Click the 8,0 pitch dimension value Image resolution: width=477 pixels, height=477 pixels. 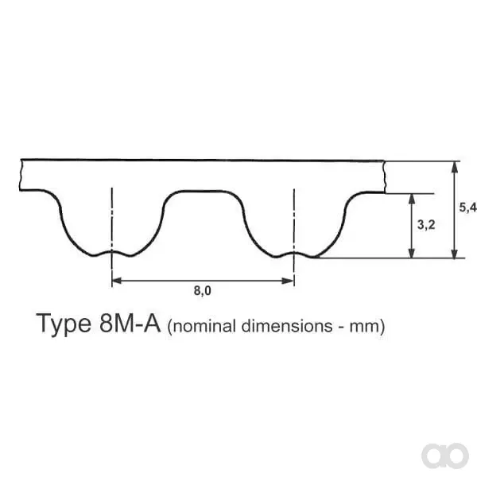point(202,291)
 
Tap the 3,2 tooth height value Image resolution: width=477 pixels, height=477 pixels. point(426,225)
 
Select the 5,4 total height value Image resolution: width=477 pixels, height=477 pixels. point(468,207)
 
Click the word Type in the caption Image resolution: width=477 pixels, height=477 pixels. point(64,324)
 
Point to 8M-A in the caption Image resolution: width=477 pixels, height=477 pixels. point(130,323)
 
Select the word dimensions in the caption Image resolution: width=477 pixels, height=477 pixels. point(287,326)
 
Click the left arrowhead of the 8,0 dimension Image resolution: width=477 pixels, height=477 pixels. point(117,281)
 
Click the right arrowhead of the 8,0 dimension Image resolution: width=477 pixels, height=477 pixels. point(288,281)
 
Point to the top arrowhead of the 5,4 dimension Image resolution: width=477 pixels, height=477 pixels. point(455,167)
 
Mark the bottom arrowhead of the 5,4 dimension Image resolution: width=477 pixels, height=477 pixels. point(455,253)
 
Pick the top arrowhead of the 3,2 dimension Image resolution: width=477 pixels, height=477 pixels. point(412,199)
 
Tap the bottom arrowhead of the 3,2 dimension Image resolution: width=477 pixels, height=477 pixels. point(412,253)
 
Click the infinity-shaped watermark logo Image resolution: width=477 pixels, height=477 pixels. point(445,456)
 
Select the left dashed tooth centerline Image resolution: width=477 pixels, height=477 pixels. point(112,237)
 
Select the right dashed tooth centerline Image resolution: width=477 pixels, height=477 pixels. point(294,238)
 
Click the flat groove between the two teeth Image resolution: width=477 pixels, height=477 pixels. point(204,192)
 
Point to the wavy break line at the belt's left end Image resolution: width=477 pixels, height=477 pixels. point(21,175)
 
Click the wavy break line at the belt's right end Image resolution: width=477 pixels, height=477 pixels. point(385,176)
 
